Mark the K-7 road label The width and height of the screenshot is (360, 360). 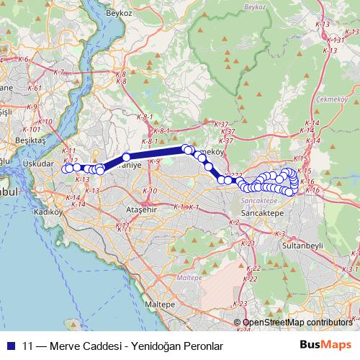59,72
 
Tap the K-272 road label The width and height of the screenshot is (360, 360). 233,174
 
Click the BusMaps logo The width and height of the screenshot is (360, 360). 327,345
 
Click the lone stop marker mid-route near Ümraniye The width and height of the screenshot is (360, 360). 126,157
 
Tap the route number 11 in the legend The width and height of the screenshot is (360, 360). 27,346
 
